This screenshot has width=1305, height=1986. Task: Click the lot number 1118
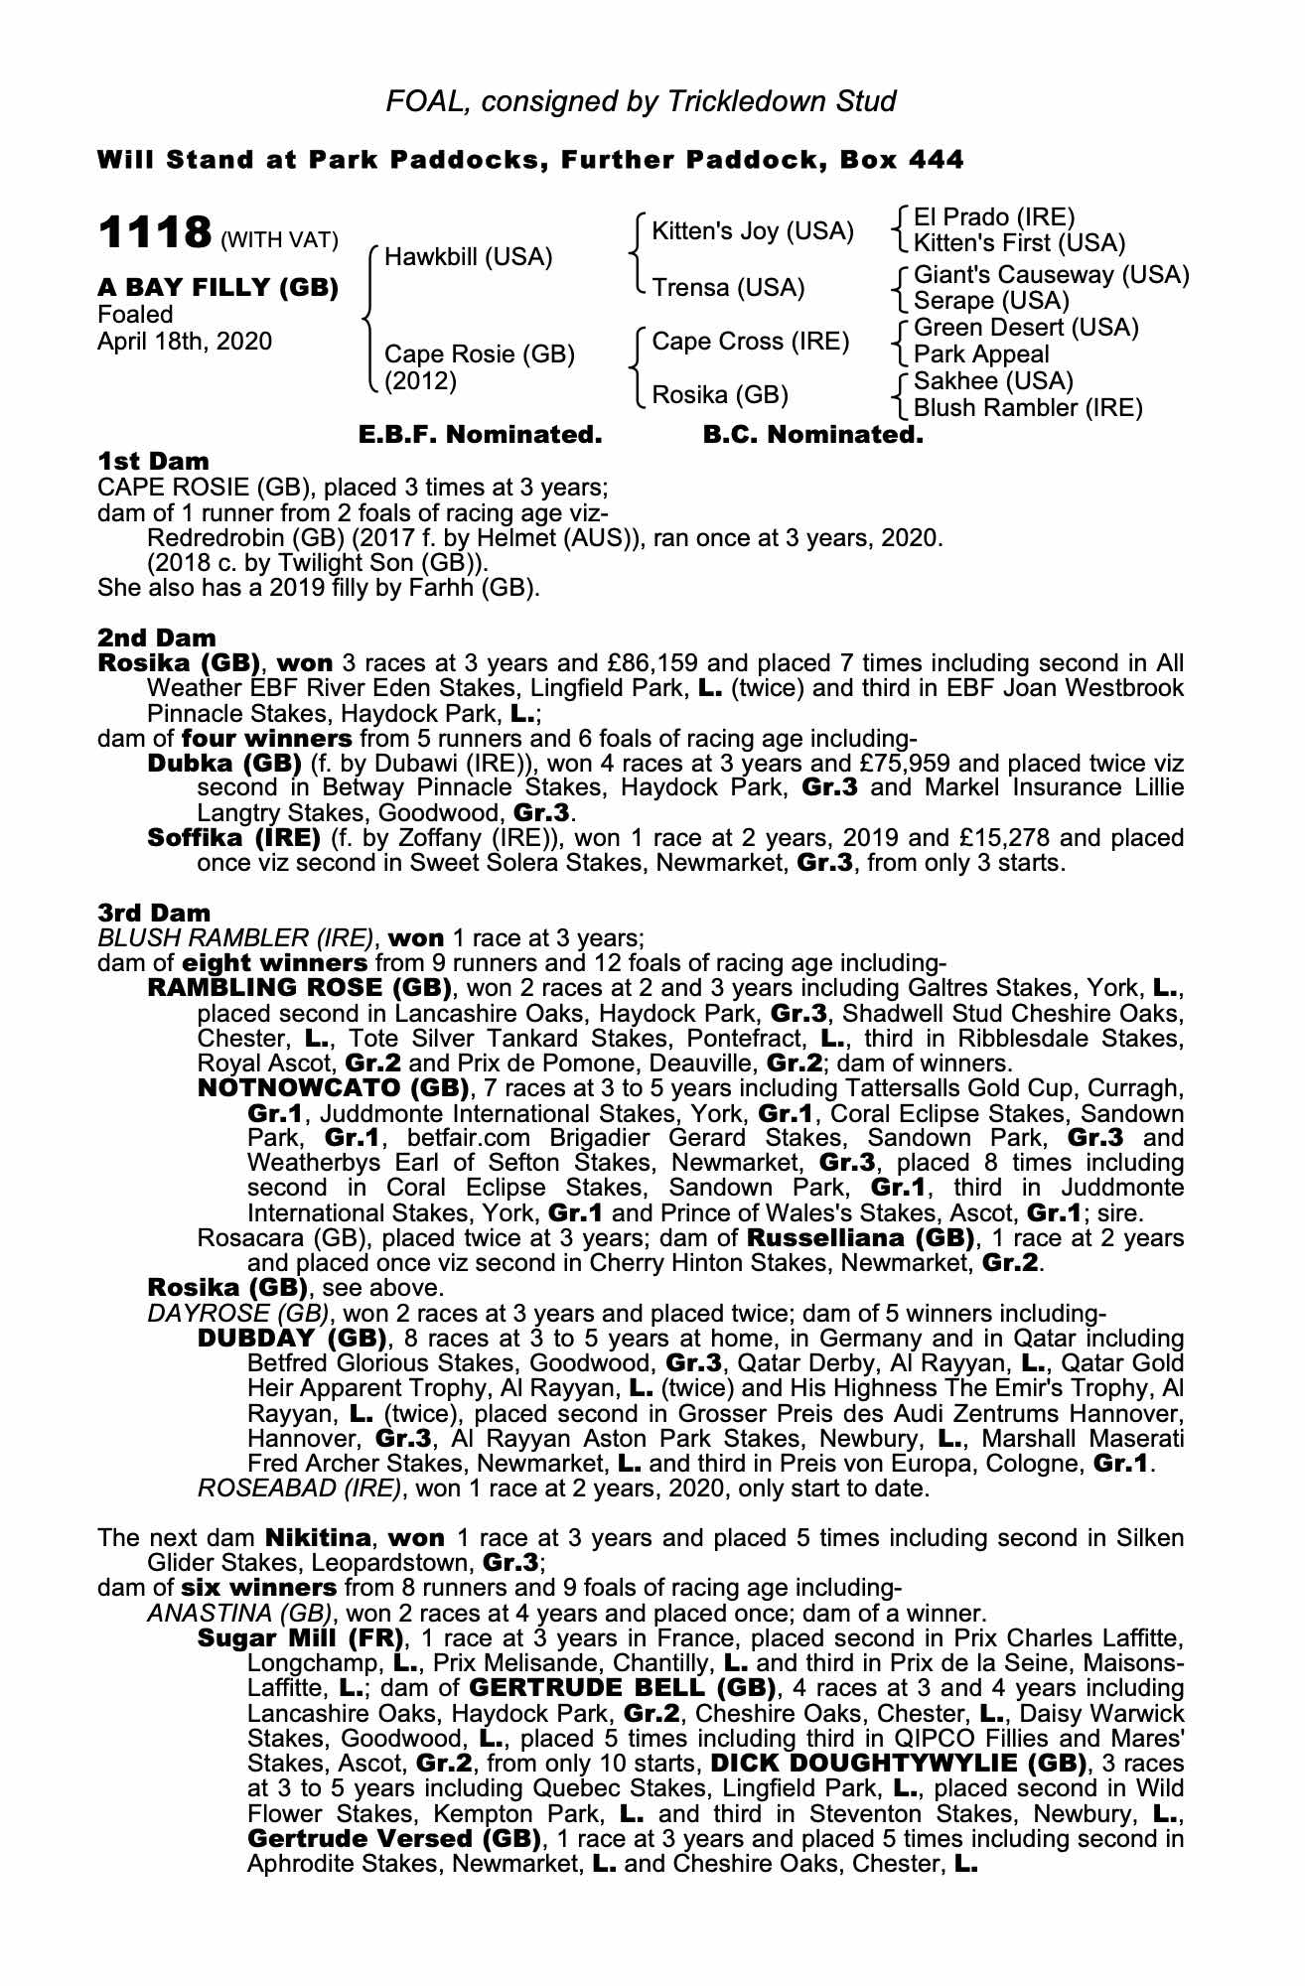point(154,234)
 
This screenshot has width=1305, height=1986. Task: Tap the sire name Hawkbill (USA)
point(468,257)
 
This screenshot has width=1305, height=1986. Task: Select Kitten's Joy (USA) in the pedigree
point(752,231)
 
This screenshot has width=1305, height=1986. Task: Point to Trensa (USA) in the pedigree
point(728,288)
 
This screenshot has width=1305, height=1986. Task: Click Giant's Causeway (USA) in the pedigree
point(1051,274)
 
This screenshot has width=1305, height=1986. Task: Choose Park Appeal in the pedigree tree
point(967,355)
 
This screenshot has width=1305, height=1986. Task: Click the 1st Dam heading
point(154,462)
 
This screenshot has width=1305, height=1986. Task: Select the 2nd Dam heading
point(157,638)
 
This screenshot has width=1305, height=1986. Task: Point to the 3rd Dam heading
point(154,913)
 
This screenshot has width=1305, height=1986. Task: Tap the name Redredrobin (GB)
point(212,538)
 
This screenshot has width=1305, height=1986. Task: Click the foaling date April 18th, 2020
point(185,341)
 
